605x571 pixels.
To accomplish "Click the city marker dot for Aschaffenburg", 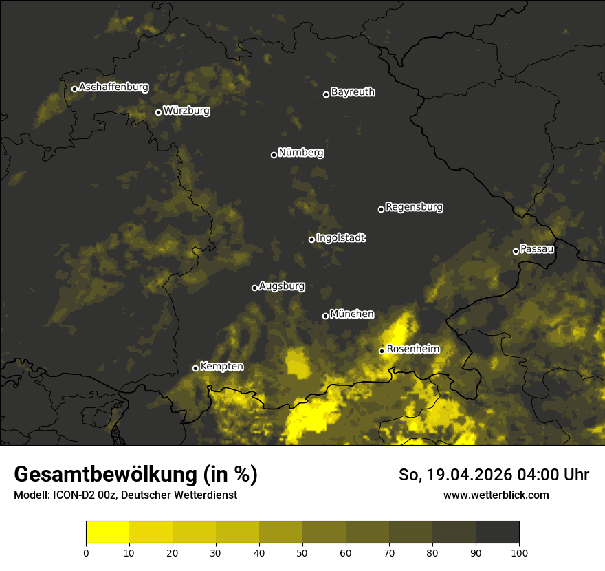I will click(74, 89).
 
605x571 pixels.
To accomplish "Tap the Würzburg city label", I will click(186, 111).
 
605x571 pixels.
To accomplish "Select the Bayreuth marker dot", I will click(326, 94).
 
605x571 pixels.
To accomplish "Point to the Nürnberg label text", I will click(301, 153).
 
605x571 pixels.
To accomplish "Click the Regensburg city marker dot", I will click(381, 209).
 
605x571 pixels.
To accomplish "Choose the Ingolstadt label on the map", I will click(341, 238).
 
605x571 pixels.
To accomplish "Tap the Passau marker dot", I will click(516, 251).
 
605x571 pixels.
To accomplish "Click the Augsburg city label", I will click(282, 286).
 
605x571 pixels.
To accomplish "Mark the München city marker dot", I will click(325, 316).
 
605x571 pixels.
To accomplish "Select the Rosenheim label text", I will click(413, 349).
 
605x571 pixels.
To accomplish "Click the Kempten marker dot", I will click(195, 368).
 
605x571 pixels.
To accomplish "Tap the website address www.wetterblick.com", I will click(496, 495).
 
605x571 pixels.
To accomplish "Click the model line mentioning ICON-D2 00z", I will click(125, 495).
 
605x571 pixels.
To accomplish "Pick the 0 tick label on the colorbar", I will click(86, 552).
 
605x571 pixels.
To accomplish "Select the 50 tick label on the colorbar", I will click(302, 552).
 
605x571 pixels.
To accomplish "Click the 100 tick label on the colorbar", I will click(519, 552).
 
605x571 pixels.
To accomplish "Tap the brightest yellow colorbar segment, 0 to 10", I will click(107, 532).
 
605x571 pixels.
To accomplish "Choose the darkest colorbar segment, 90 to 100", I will click(497, 532).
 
